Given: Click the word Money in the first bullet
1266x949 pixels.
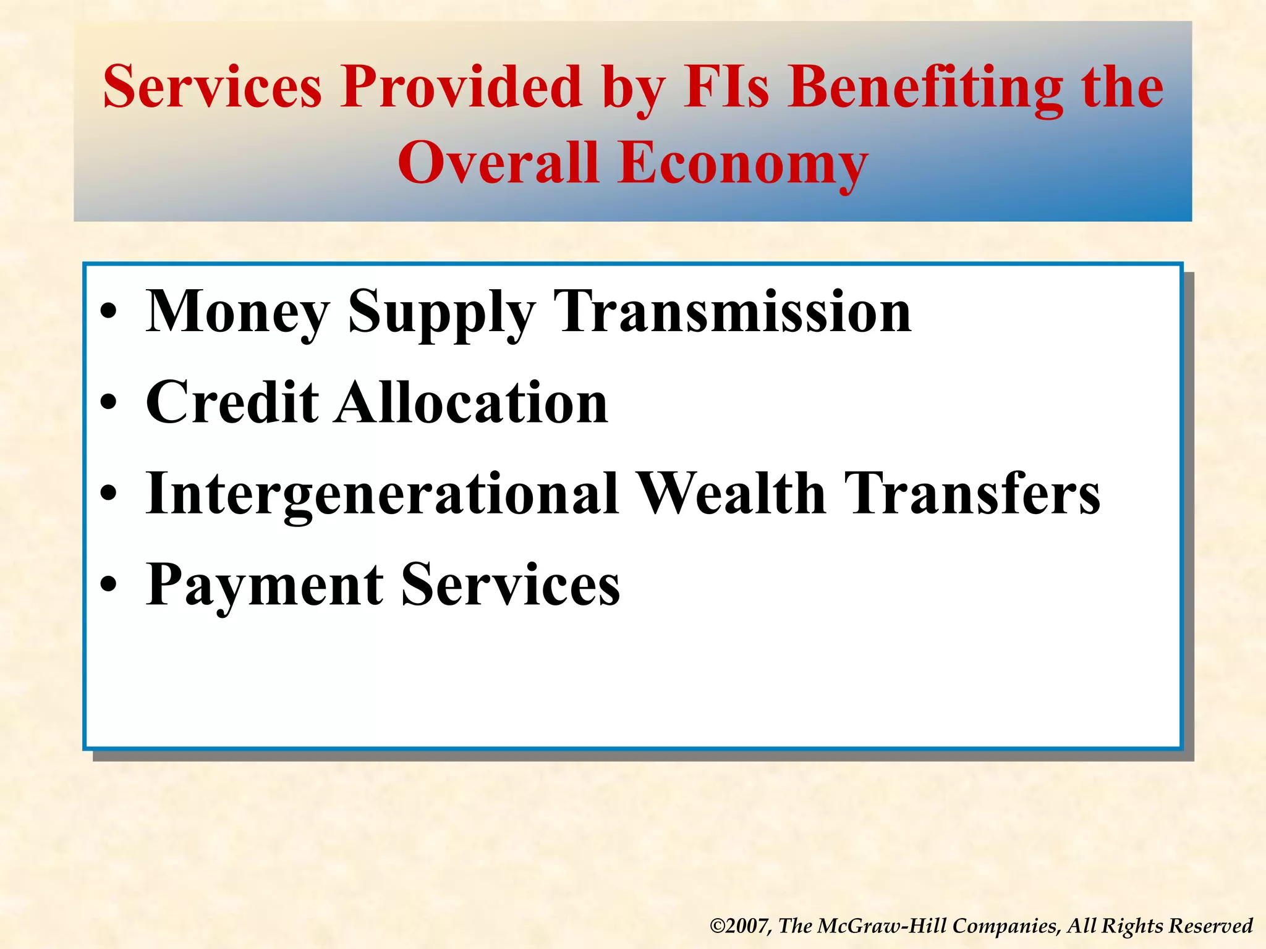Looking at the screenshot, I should coord(237,312).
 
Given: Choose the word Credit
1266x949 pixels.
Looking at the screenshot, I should coord(232,403).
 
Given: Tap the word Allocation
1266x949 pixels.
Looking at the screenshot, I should coord(472,403).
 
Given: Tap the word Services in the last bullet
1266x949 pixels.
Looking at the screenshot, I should coord(511,584).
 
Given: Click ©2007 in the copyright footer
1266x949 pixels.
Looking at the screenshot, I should coord(740,926).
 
